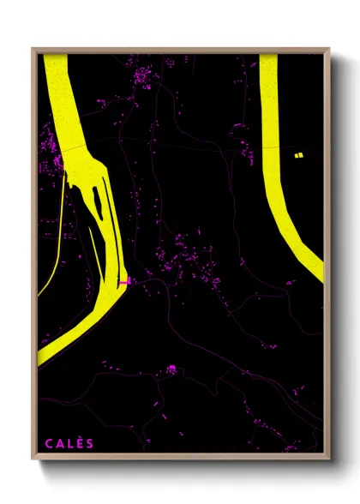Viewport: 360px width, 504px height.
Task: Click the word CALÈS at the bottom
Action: (70, 442)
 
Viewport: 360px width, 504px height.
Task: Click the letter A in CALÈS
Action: (60, 442)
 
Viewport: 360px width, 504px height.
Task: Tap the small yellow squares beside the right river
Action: (298, 155)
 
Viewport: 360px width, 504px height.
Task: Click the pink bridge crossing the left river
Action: (125, 280)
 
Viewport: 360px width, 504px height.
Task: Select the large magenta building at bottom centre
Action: (171, 369)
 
